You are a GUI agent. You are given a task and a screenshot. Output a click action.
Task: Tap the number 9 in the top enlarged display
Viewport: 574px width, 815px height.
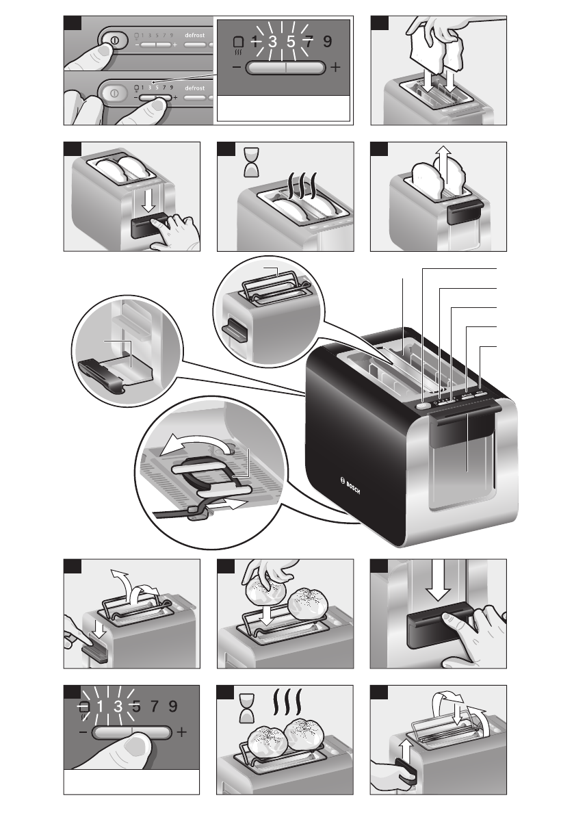click(328, 42)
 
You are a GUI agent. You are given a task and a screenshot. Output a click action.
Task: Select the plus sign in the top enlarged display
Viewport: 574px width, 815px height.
click(335, 69)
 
